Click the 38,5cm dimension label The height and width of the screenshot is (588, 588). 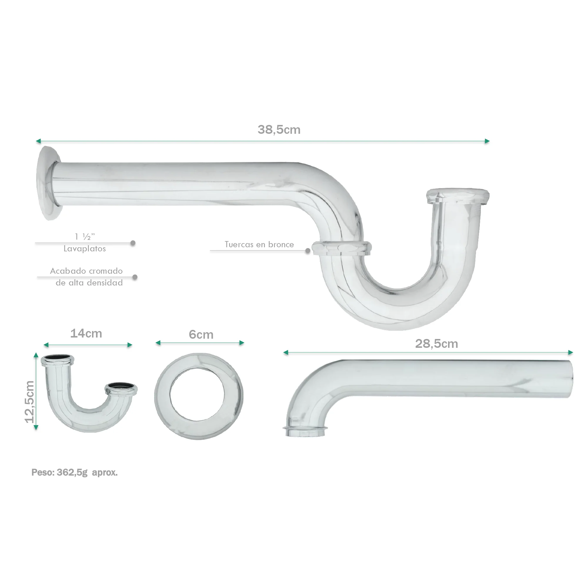pos(279,130)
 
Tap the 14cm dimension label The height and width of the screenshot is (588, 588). pos(86,334)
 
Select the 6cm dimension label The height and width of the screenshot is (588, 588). pos(201,335)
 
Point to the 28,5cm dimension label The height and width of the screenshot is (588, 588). pos(436,344)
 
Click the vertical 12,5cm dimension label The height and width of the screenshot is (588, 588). pos(29,402)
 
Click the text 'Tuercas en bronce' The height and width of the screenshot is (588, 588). pos(259,244)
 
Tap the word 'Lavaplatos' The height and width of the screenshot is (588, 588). pos(85,249)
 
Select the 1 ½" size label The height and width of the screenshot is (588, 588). pos(85,236)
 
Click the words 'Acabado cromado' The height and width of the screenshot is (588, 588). pos(86,271)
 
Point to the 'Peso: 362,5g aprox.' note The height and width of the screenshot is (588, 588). pos(75,473)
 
